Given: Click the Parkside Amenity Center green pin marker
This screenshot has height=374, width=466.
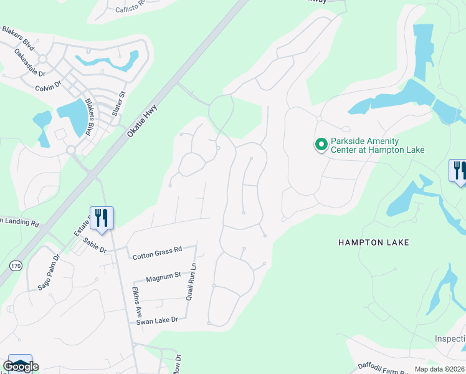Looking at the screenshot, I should [x=321, y=145].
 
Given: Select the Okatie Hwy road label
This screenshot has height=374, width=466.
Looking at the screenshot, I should [x=143, y=121].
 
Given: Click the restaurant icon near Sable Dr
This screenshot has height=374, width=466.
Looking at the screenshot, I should [x=102, y=218].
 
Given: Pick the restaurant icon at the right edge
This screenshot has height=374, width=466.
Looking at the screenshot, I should [x=458, y=171].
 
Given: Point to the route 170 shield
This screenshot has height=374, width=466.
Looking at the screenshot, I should [x=16, y=266].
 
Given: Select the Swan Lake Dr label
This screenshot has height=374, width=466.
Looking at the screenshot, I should [x=158, y=319].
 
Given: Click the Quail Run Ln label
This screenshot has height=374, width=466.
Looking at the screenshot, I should [x=193, y=281].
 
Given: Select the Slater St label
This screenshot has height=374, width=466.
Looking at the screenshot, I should [x=119, y=103].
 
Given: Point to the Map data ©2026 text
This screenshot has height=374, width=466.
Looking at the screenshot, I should [x=439, y=369].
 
